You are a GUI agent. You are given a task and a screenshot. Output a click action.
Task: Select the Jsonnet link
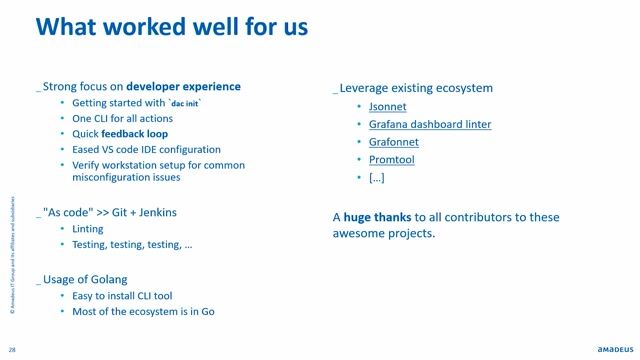click(388, 106)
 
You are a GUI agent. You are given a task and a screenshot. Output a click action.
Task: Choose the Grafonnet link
click(393, 142)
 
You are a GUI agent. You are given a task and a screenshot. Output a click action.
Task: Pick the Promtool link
click(392, 159)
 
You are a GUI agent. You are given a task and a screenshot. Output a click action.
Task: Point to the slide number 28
click(12, 349)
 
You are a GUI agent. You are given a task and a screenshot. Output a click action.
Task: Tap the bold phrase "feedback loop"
click(135, 133)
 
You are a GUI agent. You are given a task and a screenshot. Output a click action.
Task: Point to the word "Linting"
click(88, 229)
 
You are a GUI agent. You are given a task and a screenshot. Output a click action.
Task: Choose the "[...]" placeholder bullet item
click(377, 177)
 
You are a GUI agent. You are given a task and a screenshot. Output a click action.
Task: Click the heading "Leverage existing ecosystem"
click(414, 88)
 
